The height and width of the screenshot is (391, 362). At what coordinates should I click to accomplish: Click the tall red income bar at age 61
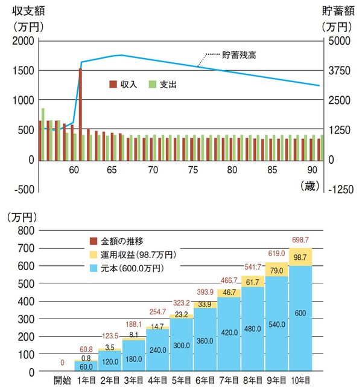tap(80, 114)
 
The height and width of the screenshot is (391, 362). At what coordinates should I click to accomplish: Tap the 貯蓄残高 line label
tap(240, 55)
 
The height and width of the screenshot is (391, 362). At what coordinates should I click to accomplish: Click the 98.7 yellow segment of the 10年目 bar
tap(300, 257)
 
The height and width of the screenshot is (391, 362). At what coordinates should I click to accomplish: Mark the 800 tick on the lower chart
tap(26, 231)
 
